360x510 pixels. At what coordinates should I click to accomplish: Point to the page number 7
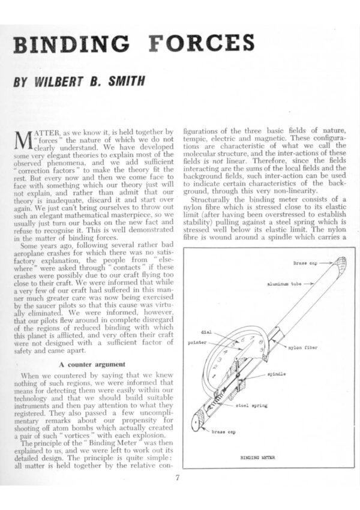pos(178,478)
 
